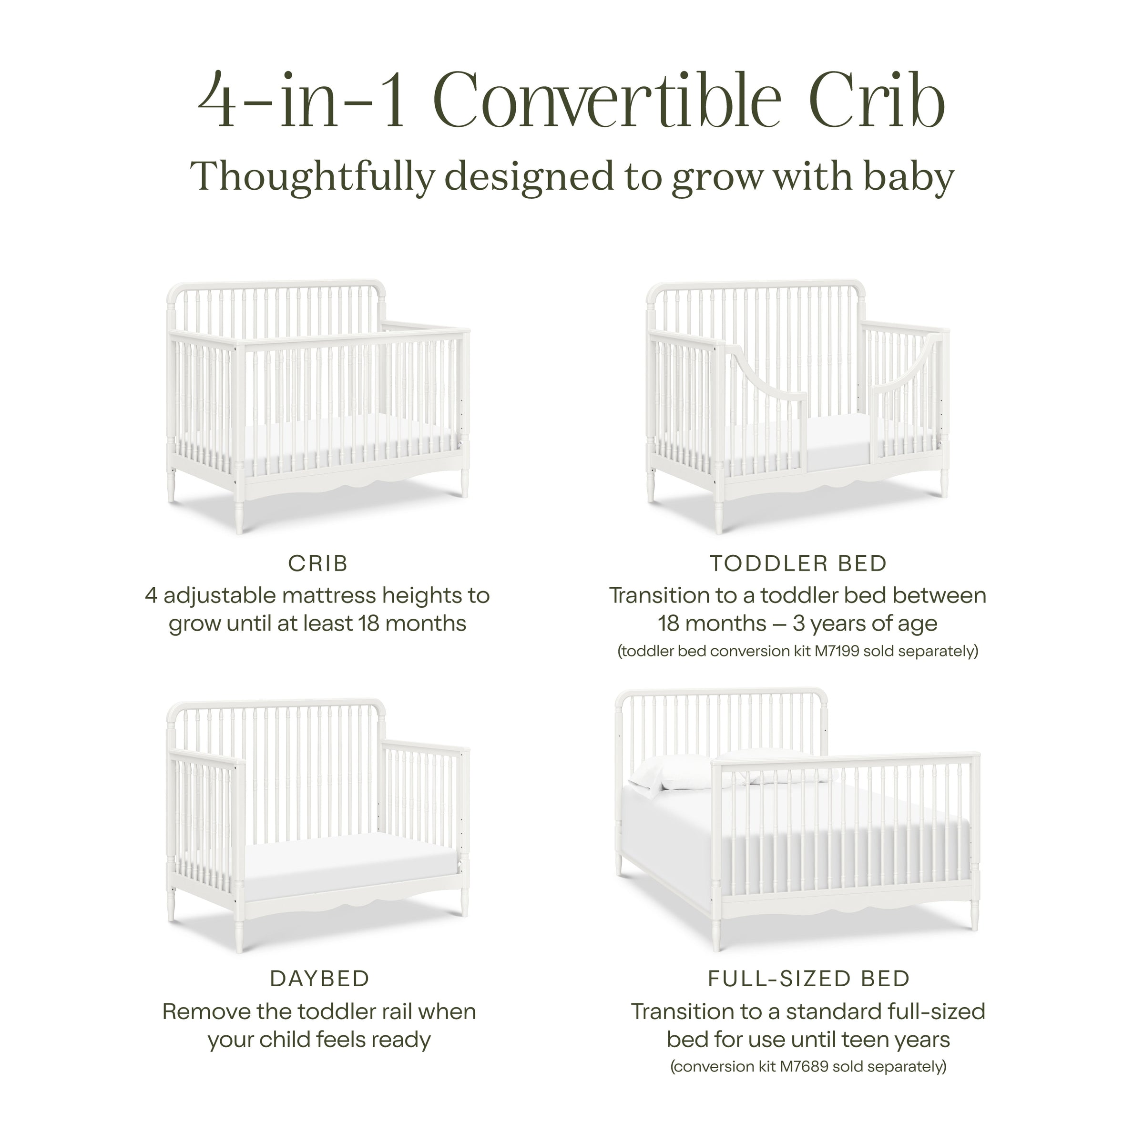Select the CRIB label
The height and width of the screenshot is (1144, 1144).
pos(318,564)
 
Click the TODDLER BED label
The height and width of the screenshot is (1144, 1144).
pos(798,564)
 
